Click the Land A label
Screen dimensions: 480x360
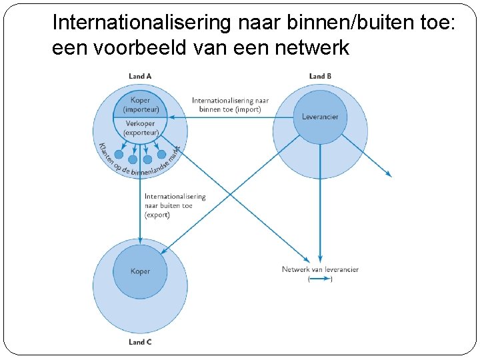coord(140,76)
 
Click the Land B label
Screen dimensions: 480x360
coord(320,76)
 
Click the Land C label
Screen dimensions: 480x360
coord(140,342)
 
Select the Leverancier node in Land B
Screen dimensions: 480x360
coord(320,117)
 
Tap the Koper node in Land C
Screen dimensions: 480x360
coord(140,271)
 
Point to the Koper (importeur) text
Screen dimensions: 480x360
coord(140,105)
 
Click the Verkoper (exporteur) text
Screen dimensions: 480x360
coord(140,128)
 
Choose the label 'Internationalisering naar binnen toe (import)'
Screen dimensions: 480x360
coord(231,105)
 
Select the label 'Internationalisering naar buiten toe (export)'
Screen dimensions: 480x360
coord(175,206)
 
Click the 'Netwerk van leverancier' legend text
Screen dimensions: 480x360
coord(320,269)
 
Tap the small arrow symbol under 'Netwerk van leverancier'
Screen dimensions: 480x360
coord(320,279)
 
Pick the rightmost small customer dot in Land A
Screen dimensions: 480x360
coord(161,154)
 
